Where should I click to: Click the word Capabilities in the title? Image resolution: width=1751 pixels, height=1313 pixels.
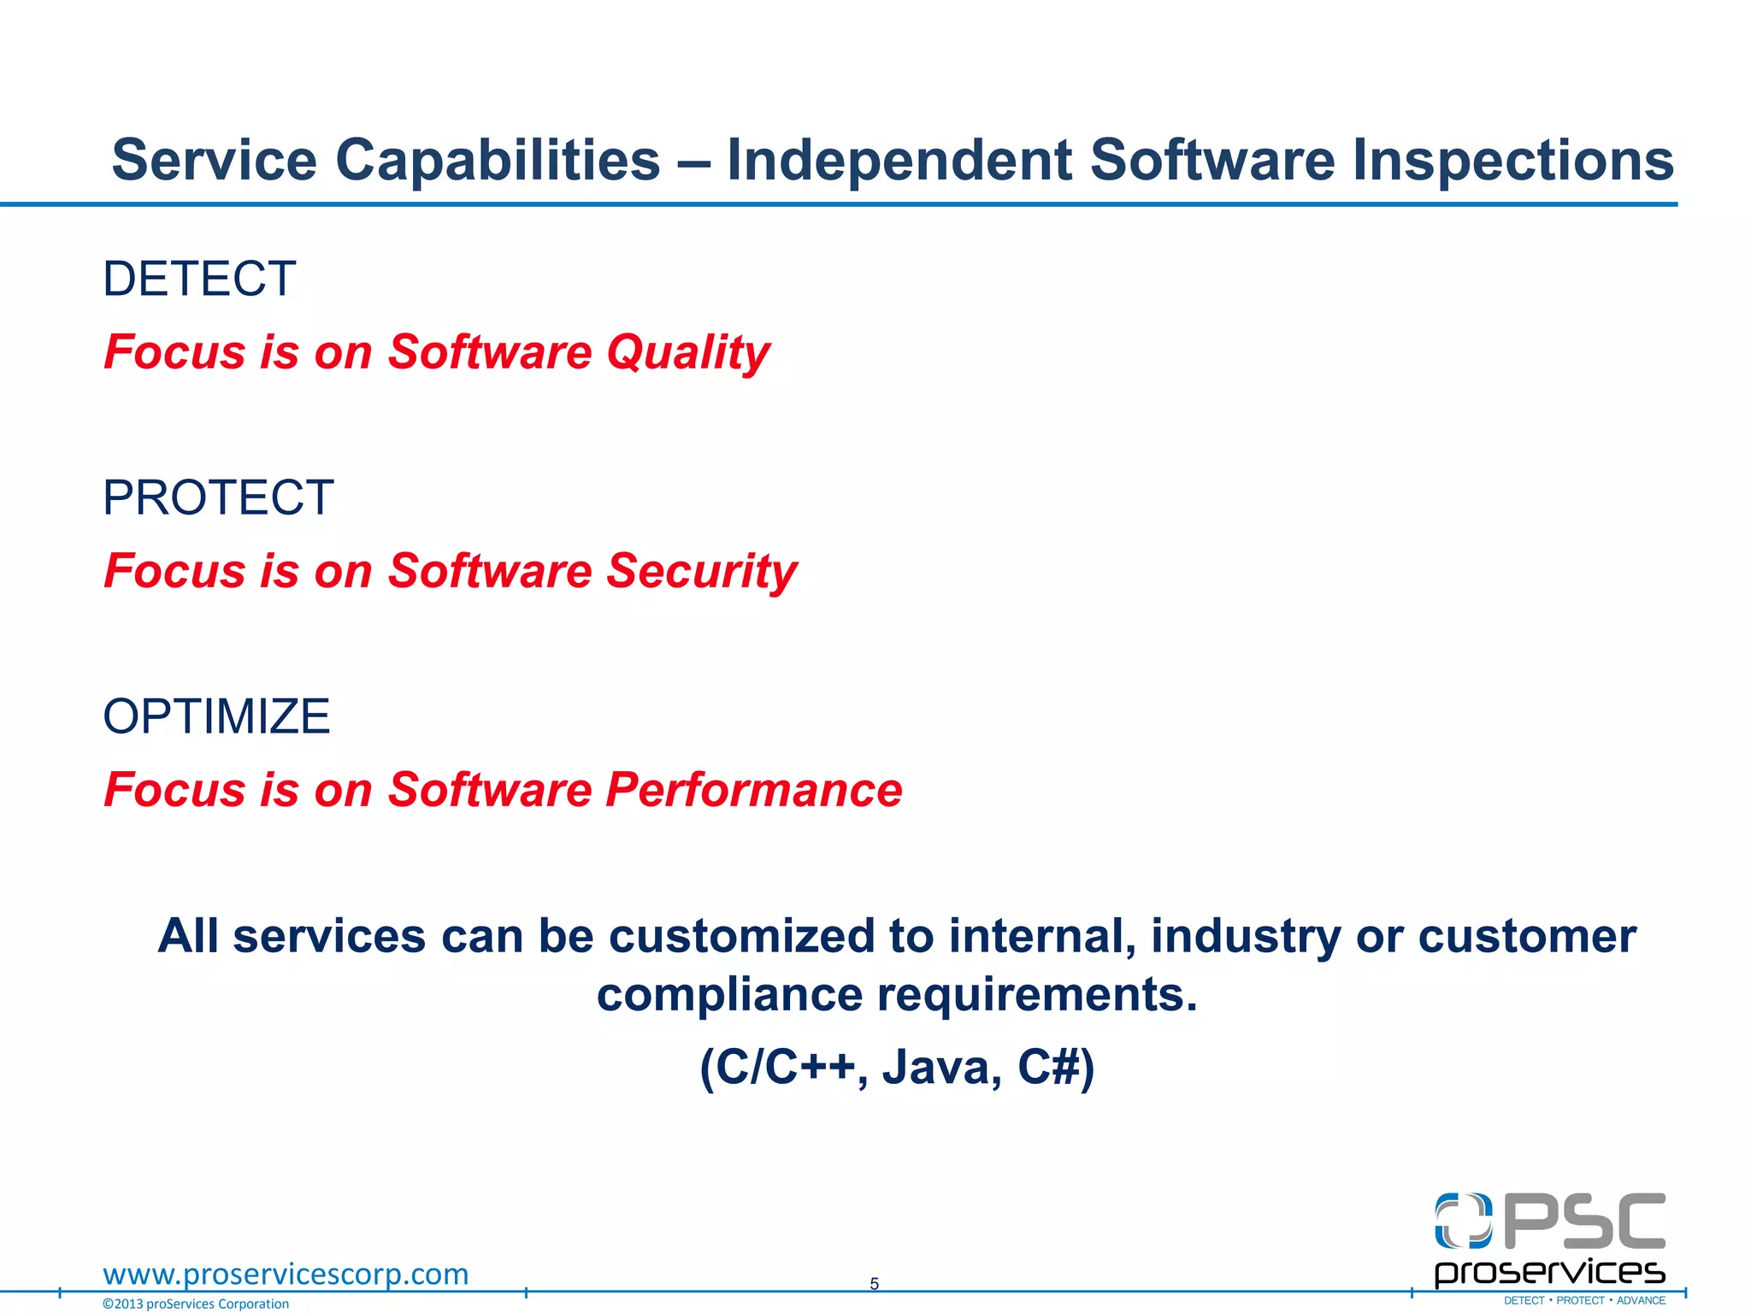pos(498,161)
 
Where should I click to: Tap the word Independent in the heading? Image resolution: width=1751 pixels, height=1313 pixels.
pos(899,161)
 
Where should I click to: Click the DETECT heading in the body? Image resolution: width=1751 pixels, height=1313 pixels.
pos(199,279)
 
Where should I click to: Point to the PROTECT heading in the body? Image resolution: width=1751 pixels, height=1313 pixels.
pos(218,498)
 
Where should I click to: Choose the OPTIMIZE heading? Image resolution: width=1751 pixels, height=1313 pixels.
pos(216,716)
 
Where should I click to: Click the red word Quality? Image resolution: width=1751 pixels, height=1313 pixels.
pos(688,353)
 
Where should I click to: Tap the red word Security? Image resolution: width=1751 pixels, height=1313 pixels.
pos(701,571)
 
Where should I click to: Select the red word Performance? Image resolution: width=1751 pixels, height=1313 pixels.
pos(753,789)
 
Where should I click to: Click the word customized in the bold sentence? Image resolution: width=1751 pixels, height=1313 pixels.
pos(741,936)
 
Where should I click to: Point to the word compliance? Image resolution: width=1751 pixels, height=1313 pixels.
pos(730,995)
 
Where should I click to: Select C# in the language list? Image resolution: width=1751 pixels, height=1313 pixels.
pos(1049,1067)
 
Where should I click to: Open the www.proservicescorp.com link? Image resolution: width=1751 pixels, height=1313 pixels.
pos(286,1274)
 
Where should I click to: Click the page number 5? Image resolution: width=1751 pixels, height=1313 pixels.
pos(874,1283)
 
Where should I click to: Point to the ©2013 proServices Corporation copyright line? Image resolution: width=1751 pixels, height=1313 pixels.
pos(196,1304)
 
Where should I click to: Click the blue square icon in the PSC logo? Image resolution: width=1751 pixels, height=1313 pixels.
pos(1463,1221)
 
